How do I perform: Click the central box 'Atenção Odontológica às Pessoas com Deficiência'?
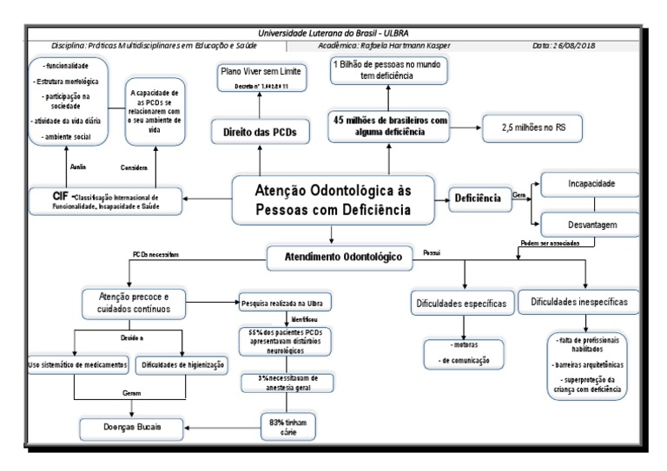point(333,199)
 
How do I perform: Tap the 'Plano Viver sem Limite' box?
point(261,78)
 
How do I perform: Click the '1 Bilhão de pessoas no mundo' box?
point(389,70)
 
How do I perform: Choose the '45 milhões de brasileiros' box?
point(389,126)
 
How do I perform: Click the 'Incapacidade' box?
point(592,184)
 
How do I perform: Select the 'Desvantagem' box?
point(592,225)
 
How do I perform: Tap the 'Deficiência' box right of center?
point(478,199)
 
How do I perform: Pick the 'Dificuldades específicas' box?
point(462,304)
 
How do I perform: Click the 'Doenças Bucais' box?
point(134,427)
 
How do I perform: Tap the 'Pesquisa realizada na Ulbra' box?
point(285,303)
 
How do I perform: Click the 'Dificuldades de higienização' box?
point(183,364)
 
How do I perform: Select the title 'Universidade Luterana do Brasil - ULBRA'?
point(333,32)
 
